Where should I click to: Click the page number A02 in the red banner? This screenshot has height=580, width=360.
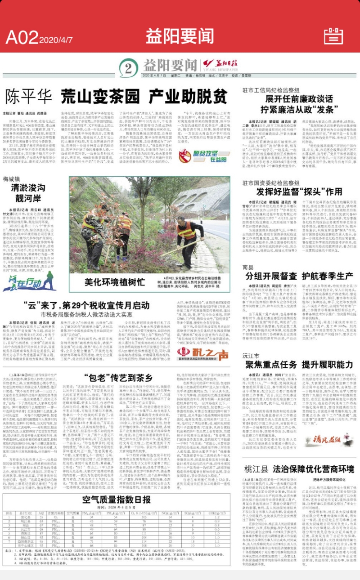(x=22, y=35)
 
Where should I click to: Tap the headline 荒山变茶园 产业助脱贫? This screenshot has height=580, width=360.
(x=144, y=96)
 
